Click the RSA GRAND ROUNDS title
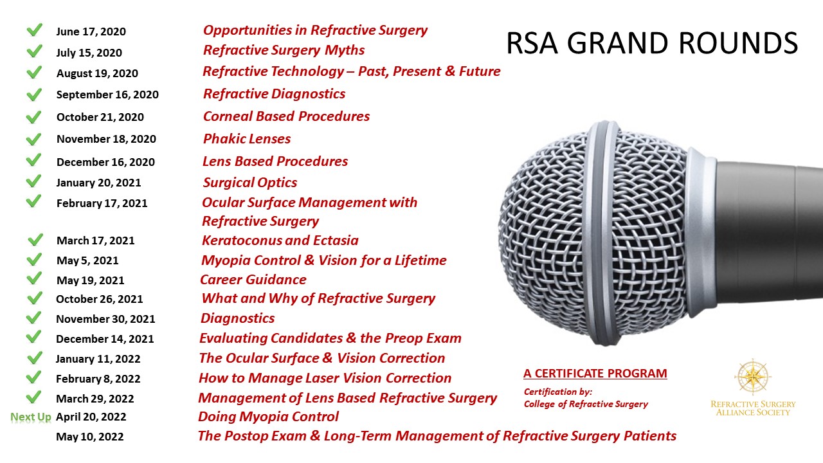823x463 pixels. click(x=652, y=43)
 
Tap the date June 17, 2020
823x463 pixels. click(x=91, y=32)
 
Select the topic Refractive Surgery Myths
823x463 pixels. click(x=284, y=50)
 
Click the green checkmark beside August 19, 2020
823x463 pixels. click(x=35, y=72)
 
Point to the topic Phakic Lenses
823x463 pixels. click(x=247, y=139)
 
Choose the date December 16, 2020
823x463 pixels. click(x=106, y=162)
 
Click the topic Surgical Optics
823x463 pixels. click(x=250, y=182)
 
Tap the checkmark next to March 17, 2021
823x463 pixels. click(x=35, y=240)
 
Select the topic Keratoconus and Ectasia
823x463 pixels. click(x=280, y=241)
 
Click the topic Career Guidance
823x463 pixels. click(x=253, y=280)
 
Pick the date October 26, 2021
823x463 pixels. click(x=99, y=299)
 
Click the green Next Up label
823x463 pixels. click(x=31, y=417)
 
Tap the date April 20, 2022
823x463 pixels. click(x=91, y=417)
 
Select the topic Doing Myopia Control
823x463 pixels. click(x=268, y=417)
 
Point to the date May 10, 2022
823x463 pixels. click(x=89, y=437)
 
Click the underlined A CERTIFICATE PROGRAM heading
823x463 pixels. click(x=595, y=374)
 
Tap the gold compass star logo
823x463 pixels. click(x=753, y=377)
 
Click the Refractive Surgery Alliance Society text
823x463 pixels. click(x=753, y=408)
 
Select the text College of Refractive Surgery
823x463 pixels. click(x=586, y=404)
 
